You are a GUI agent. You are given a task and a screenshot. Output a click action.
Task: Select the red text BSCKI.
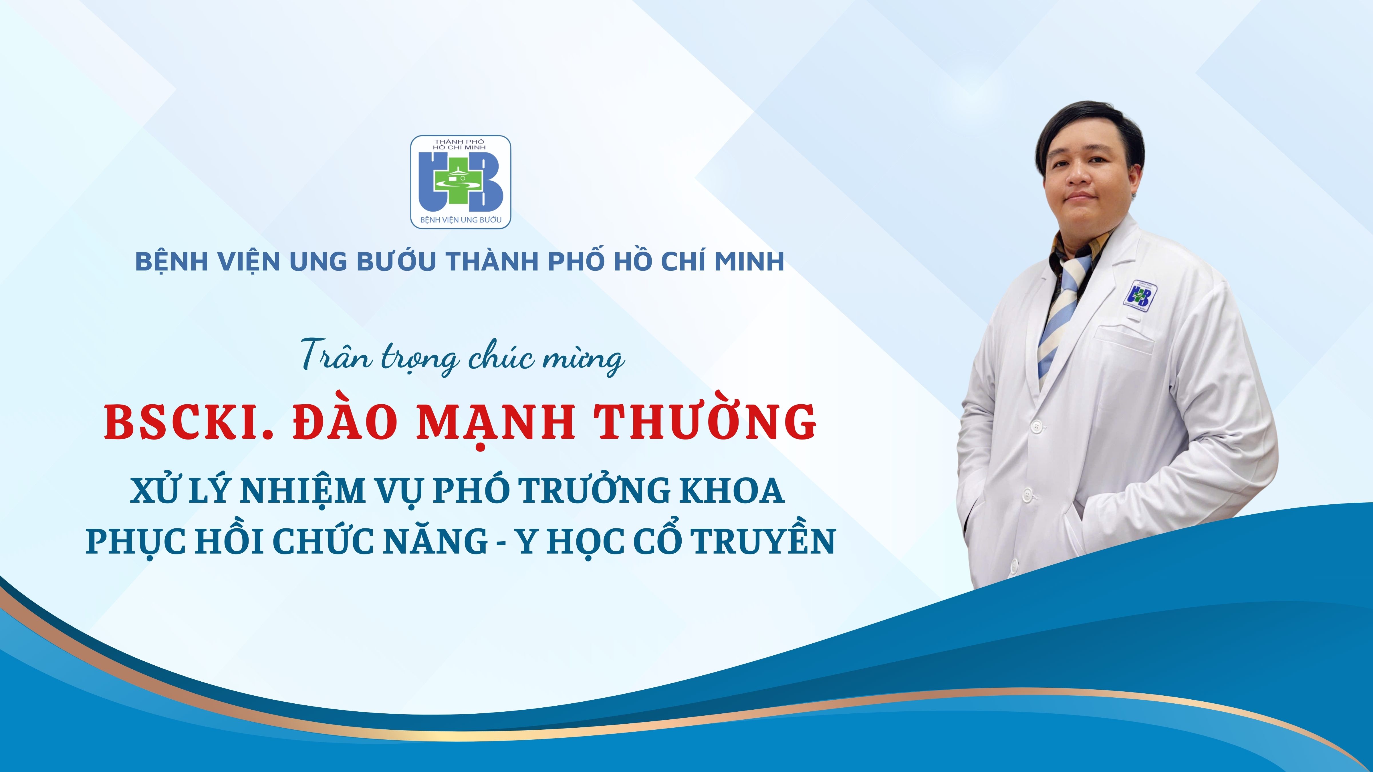tap(189, 423)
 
